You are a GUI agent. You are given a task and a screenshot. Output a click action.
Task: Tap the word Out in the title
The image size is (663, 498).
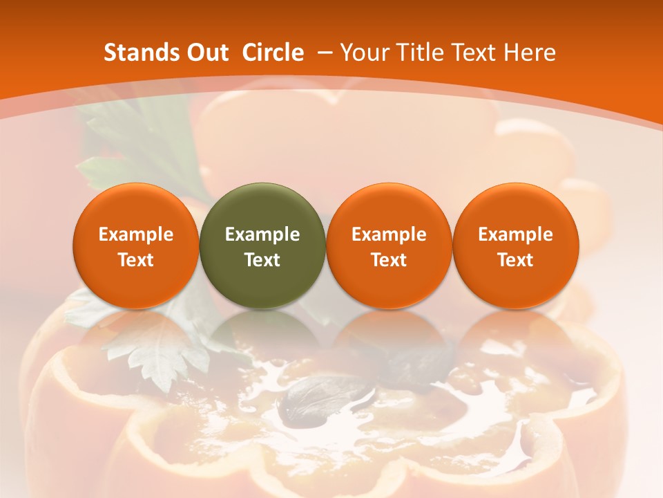pyautogui.click(x=202, y=53)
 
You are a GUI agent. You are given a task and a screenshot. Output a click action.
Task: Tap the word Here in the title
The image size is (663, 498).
pyautogui.click(x=530, y=53)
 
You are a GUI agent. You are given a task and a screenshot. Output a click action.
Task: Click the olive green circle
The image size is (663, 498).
pyautogui.click(x=262, y=246)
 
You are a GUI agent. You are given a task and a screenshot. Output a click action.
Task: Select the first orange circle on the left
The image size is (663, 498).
pyautogui.click(x=135, y=246)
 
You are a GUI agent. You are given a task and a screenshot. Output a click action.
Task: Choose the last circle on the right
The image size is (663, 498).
pyautogui.click(x=515, y=246)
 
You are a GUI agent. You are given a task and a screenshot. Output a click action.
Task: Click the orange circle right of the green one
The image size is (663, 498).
pyautogui.click(x=389, y=246)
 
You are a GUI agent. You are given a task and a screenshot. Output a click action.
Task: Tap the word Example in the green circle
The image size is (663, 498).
pyautogui.click(x=262, y=234)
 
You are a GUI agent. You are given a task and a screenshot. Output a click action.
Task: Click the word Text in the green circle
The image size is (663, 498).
pyautogui.click(x=262, y=260)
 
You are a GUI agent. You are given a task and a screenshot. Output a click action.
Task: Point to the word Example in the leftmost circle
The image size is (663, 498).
pyautogui.click(x=136, y=234)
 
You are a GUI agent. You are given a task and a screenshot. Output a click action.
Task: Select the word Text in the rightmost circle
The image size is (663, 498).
pyautogui.click(x=515, y=260)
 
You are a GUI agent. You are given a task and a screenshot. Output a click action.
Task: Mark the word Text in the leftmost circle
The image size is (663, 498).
pyautogui.click(x=136, y=260)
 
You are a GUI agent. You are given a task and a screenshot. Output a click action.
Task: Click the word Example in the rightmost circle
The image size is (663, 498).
pyautogui.click(x=515, y=234)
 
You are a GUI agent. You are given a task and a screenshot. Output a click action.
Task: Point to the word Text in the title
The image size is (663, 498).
pyautogui.click(x=476, y=53)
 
